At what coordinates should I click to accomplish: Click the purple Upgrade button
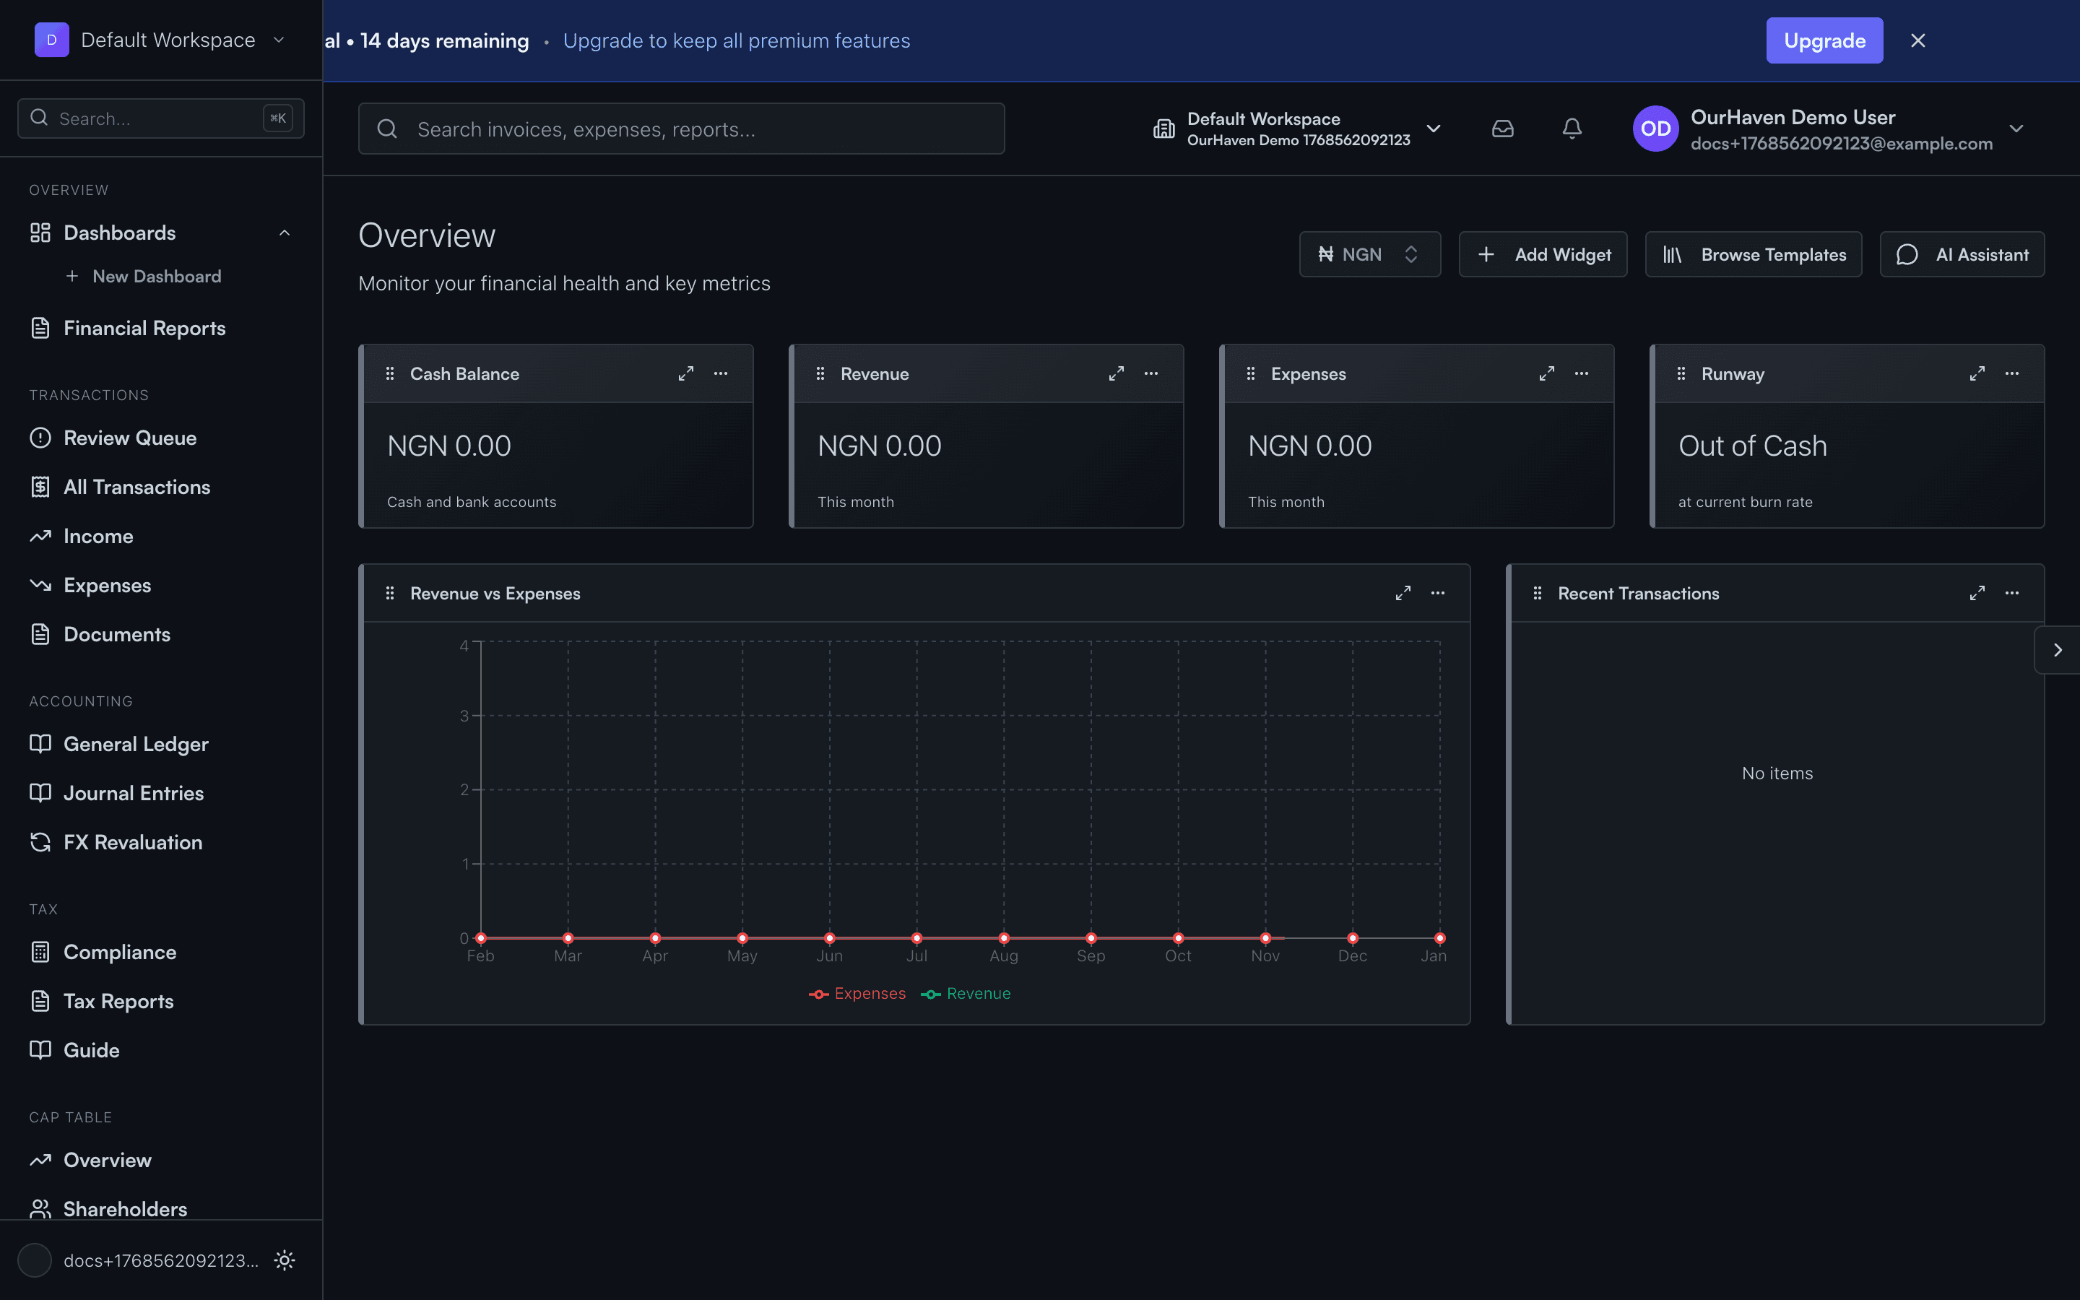click(1824, 40)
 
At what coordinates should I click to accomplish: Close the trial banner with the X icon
click(1917, 40)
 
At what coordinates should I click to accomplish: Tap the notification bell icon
click(1571, 129)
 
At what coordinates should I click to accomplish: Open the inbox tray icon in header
click(1502, 129)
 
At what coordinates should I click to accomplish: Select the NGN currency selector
click(1369, 254)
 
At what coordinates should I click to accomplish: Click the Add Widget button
click(1543, 254)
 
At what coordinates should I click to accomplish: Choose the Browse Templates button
click(1754, 254)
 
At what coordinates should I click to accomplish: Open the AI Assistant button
click(1962, 254)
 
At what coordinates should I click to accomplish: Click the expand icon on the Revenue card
click(1116, 374)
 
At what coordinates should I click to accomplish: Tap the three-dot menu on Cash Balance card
click(720, 374)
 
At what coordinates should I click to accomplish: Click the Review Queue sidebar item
click(130, 438)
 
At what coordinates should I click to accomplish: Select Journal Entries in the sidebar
click(133, 794)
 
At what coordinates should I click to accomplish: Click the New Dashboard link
click(157, 277)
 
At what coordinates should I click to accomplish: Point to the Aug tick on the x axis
click(1003, 956)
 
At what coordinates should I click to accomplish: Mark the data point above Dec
click(1352, 938)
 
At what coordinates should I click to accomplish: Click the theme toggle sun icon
click(285, 1260)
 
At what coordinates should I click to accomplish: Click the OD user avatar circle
click(1655, 129)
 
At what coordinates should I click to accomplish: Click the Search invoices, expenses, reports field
click(681, 129)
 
